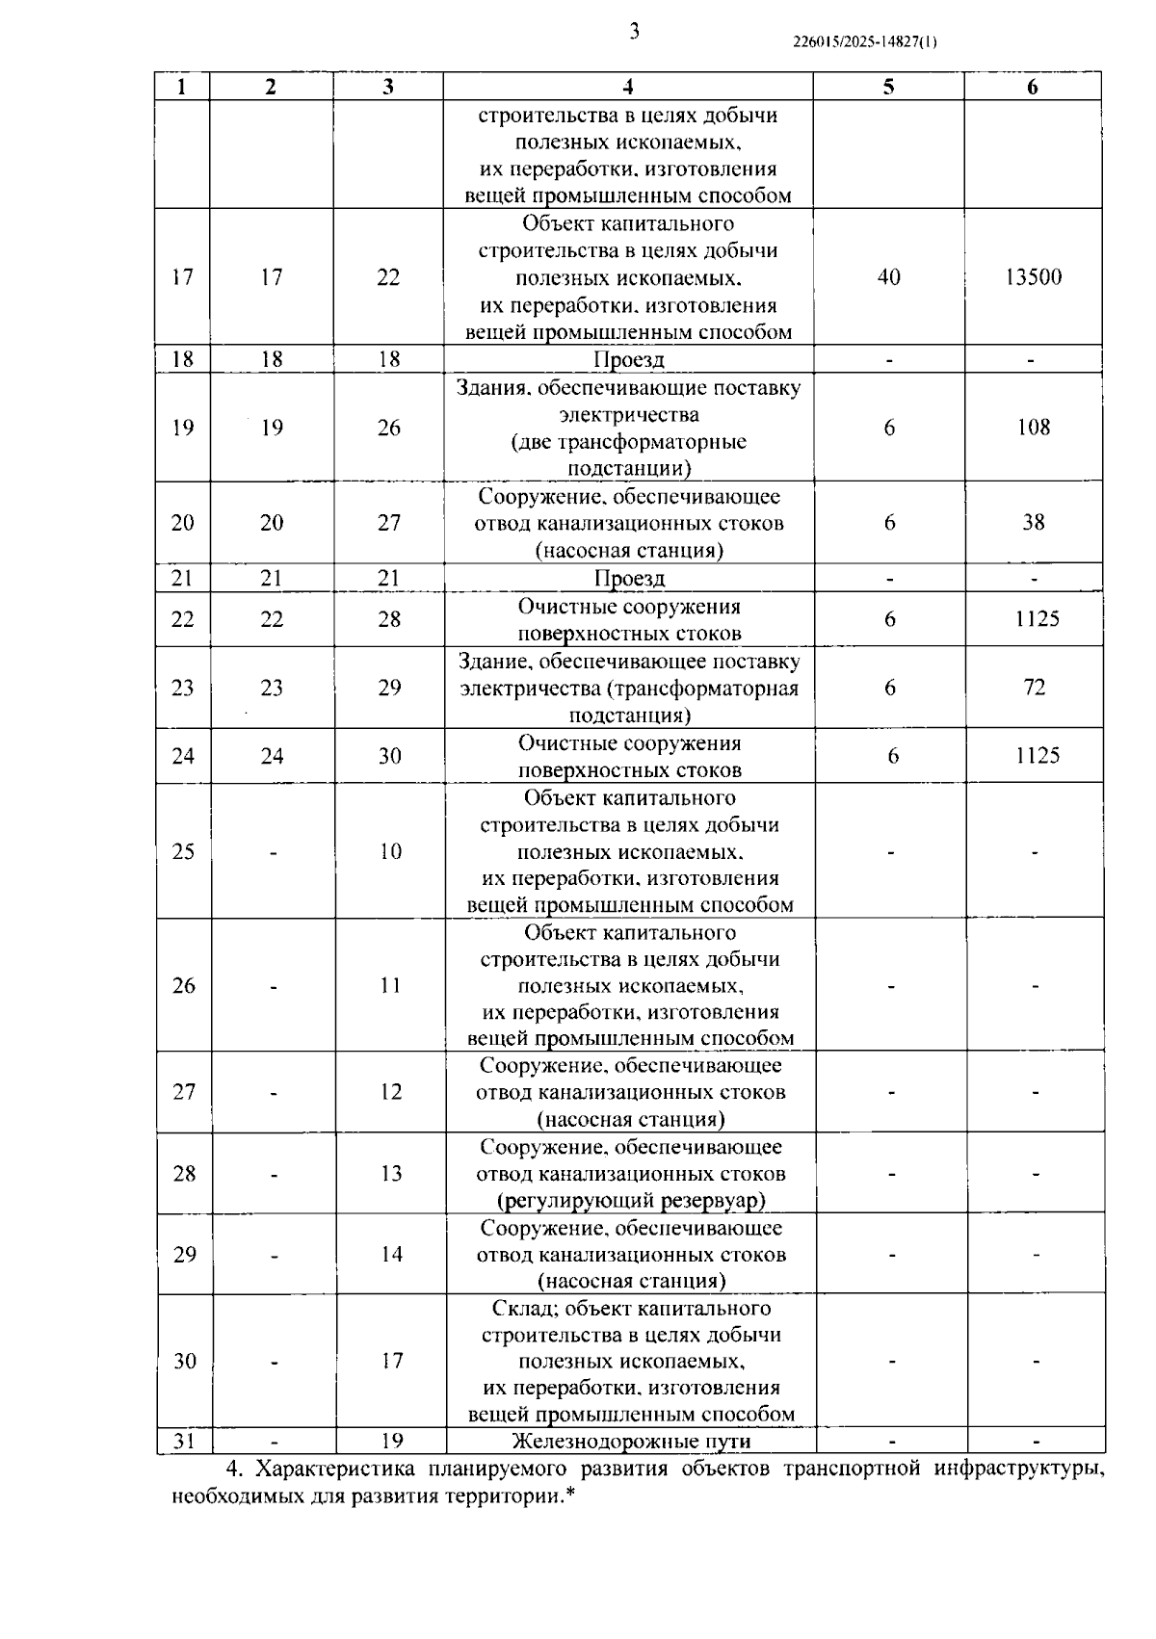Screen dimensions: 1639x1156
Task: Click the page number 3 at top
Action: (634, 32)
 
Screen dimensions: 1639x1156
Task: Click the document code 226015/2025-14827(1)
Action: (864, 42)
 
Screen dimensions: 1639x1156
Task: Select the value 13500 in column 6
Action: (1033, 277)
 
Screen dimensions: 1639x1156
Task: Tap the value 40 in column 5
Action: (888, 277)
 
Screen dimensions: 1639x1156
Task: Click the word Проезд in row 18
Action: (628, 360)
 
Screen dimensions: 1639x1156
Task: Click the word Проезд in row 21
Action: (629, 579)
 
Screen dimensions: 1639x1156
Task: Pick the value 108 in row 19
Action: (1033, 428)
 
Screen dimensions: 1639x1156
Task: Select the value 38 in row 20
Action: (1033, 523)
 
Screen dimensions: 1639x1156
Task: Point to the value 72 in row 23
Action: (1034, 688)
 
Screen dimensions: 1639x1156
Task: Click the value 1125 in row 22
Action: (1037, 619)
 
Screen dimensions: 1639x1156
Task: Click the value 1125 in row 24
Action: (1037, 756)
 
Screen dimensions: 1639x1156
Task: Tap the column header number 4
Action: (628, 87)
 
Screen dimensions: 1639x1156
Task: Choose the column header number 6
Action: (1033, 87)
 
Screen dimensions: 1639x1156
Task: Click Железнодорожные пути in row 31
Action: (631, 1442)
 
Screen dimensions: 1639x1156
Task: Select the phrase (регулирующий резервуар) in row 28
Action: (631, 1201)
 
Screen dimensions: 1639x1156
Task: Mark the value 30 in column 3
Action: (389, 756)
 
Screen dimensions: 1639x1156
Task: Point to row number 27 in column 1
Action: (183, 1092)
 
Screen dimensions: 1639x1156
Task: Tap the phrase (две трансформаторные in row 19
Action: (628, 443)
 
